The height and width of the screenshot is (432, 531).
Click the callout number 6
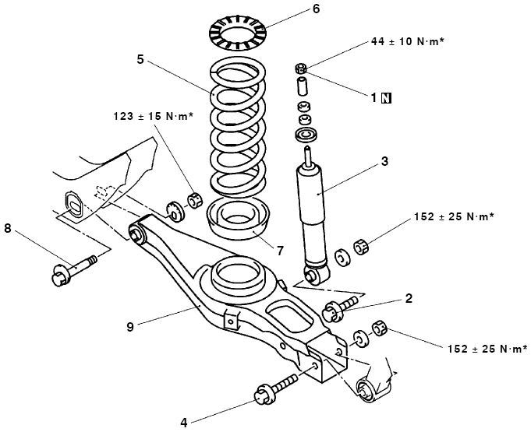pos(316,9)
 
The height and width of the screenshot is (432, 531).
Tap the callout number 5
pos(140,59)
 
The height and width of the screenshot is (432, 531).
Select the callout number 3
pos(384,162)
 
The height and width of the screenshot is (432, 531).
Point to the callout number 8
pos(8,229)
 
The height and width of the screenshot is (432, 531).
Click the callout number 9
pos(130,327)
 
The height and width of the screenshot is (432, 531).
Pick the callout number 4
pos(184,423)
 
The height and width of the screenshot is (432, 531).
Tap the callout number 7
pos(280,251)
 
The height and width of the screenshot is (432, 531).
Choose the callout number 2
pos(409,298)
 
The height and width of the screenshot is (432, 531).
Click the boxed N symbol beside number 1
pos(387,98)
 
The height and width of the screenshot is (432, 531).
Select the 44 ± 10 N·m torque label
pos(407,41)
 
